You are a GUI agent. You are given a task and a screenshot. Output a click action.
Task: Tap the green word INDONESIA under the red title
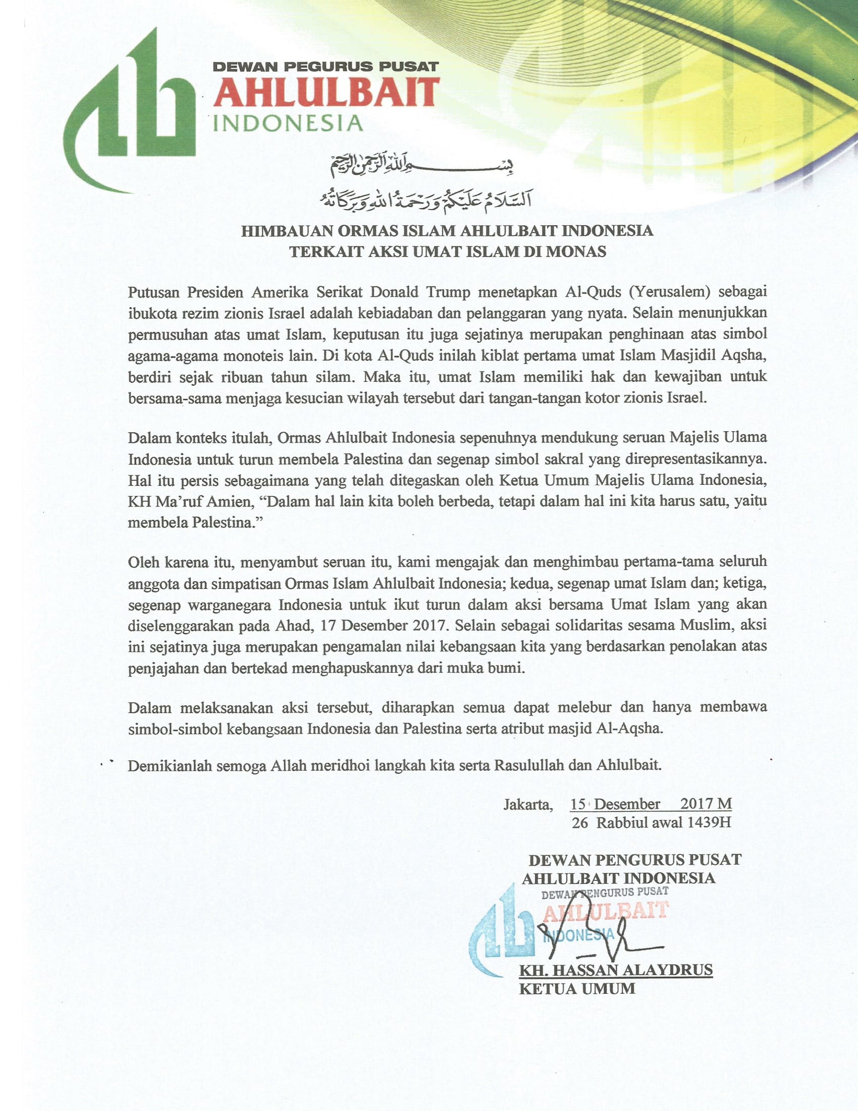288,123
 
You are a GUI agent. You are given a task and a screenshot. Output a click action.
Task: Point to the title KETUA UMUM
577,988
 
